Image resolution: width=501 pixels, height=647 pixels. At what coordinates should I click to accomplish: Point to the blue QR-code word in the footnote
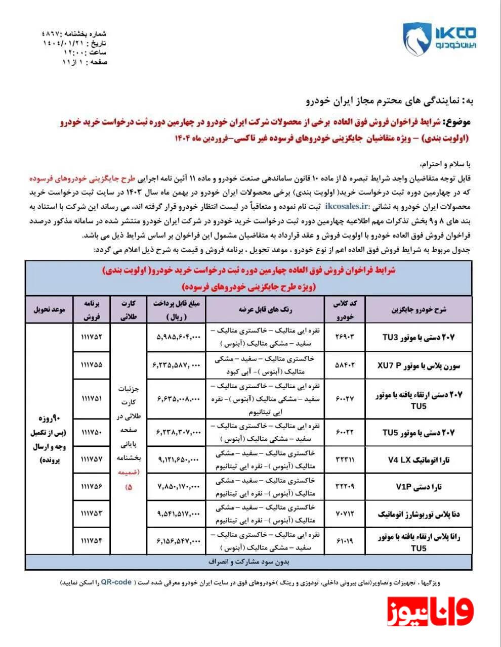(116, 582)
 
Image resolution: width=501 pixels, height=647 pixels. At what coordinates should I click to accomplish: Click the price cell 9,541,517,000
(177, 514)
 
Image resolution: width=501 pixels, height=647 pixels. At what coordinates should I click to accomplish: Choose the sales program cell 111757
(91, 460)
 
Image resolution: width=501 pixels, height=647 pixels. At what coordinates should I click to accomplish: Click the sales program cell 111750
(91, 433)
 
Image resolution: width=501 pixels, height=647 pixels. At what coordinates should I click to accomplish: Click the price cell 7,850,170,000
(177, 487)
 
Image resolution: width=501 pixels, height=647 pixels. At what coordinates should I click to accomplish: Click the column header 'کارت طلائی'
(129, 309)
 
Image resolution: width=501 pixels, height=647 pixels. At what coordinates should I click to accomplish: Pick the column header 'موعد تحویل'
(49, 309)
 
